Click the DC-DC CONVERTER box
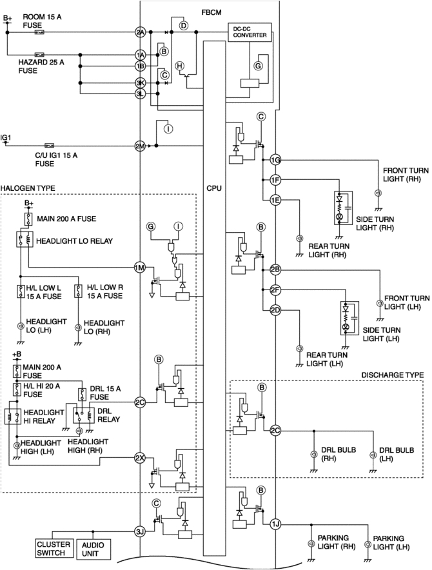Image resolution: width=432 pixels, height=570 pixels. [250, 32]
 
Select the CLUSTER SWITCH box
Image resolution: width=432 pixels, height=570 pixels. [54, 549]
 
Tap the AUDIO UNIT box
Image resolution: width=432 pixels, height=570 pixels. [93, 549]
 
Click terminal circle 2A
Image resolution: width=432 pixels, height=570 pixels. [141, 32]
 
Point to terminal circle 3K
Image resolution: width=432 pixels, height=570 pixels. [141, 83]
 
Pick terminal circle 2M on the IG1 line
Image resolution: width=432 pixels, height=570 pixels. [140, 146]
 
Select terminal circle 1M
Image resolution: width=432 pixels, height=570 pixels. [140, 268]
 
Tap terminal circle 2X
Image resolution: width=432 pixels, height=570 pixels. [140, 458]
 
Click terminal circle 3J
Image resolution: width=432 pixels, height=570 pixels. [140, 532]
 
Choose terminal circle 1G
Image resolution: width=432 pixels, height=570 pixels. [275, 159]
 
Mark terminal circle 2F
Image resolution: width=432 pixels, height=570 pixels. [275, 290]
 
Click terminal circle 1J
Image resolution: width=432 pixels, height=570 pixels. [275, 524]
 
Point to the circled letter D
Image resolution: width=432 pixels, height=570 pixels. [184, 25]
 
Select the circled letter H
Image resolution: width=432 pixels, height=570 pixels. [180, 66]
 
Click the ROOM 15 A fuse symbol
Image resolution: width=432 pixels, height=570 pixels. [39, 32]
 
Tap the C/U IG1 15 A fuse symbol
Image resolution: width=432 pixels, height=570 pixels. [50, 146]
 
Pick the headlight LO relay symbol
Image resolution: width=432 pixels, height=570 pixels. [25, 240]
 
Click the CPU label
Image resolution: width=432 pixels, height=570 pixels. [214, 188]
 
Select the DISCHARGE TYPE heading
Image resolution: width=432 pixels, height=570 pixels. [393, 375]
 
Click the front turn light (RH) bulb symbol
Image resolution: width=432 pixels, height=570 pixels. [378, 193]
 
